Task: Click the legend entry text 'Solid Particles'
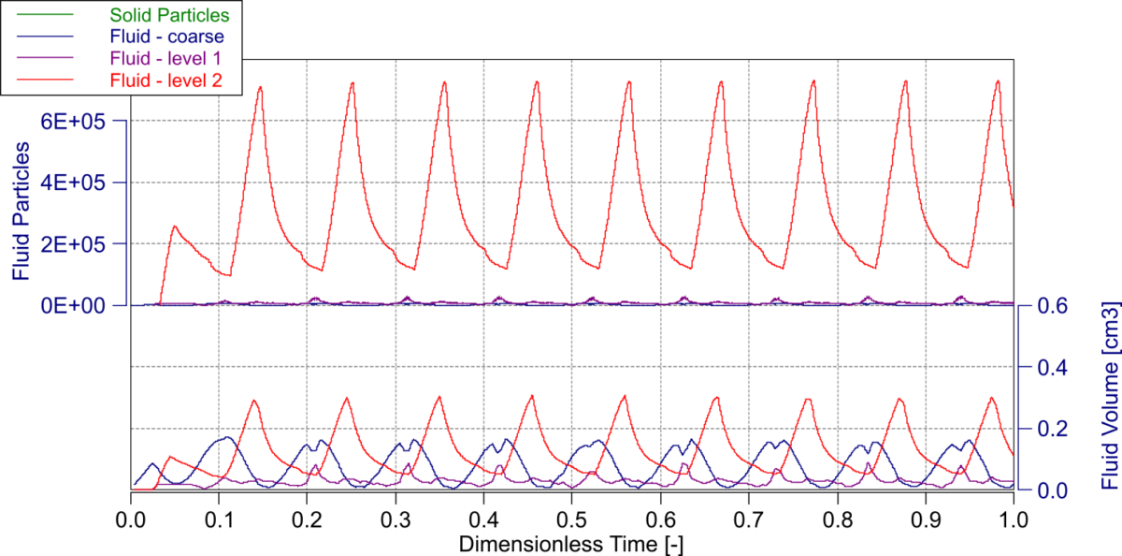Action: pos(169,15)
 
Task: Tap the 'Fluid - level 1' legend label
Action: pos(165,59)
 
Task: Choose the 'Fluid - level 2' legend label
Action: pos(165,81)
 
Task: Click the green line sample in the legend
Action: pos(38,15)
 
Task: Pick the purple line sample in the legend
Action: pos(38,59)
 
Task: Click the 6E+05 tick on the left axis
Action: pos(79,122)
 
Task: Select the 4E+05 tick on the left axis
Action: pos(79,183)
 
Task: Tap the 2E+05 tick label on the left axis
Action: pos(79,243)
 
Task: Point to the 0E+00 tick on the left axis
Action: pos(79,305)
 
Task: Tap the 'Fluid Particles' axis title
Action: pos(20,212)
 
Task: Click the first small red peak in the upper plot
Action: pos(174,227)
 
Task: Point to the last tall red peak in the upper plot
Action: pos(998,80)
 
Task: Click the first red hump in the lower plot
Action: pos(169,457)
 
